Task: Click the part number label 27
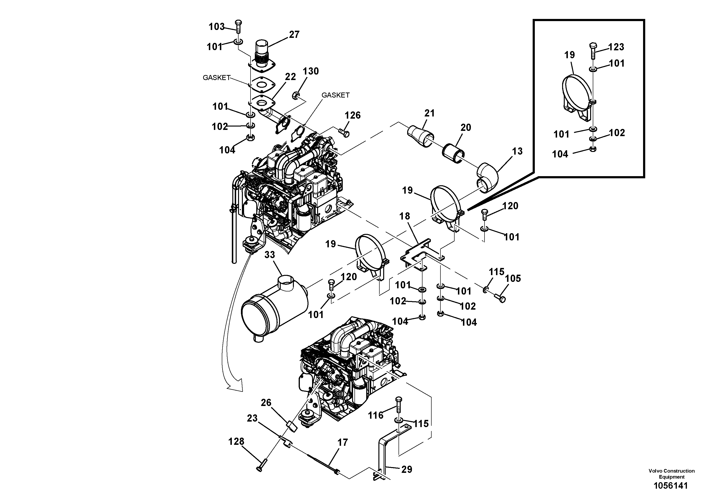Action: [x=294, y=35]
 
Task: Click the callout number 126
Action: [x=353, y=115]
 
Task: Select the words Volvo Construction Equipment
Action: [x=671, y=474]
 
